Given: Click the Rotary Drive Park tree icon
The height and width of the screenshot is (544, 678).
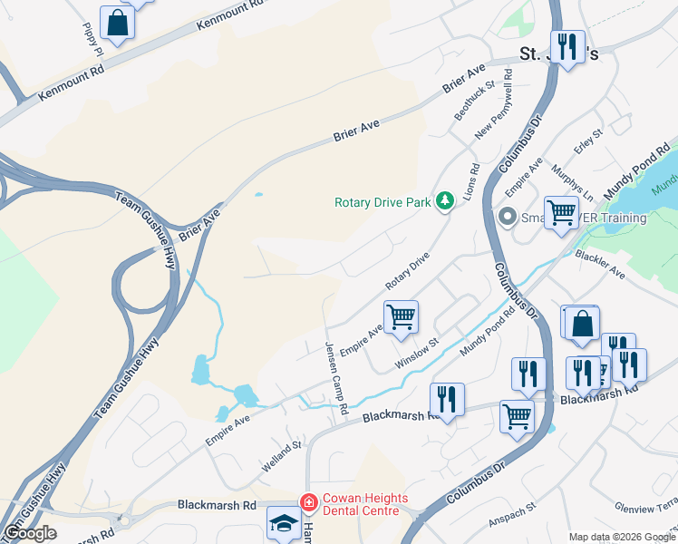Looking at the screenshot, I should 444,201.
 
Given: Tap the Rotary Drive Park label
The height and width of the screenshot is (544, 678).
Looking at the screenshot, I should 383,202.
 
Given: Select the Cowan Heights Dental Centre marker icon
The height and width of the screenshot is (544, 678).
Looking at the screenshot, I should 309,501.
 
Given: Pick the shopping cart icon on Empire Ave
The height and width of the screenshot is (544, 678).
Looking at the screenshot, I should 401,318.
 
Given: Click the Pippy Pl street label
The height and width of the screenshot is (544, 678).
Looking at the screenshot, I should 92,40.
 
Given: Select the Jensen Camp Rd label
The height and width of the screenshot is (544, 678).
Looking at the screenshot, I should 336,378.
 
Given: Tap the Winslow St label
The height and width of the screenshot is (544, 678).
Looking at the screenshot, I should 416,354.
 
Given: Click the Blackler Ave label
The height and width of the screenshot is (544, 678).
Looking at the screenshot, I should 600,264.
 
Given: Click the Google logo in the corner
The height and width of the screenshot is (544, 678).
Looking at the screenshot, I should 30,533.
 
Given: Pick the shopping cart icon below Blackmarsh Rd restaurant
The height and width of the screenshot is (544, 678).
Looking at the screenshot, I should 518,417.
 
